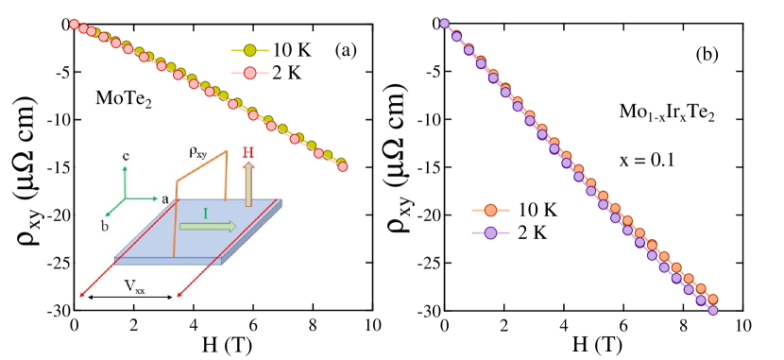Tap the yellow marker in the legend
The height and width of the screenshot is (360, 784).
pyautogui.click(x=250, y=50)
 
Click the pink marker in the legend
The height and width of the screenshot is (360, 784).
pyautogui.click(x=250, y=73)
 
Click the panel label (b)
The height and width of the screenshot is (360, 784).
pyautogui.click(x=707, y=55)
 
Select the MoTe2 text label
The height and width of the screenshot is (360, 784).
pyautogui.click(x=124, y=98)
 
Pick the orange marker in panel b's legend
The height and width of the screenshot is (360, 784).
pyautogui.click(x=490, y=210)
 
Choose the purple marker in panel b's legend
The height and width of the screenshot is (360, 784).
pyautogui.click(x=490, y=232)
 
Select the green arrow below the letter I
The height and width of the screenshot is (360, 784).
pyautogui.click(x=209, y=227)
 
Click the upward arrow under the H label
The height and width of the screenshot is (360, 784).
pyautogui.click(x=249, y=183)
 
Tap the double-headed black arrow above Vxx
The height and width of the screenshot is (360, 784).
pyautogui.click(x=127, y=297)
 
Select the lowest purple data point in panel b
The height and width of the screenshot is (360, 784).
pyautogui.click(x=713, y=309)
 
